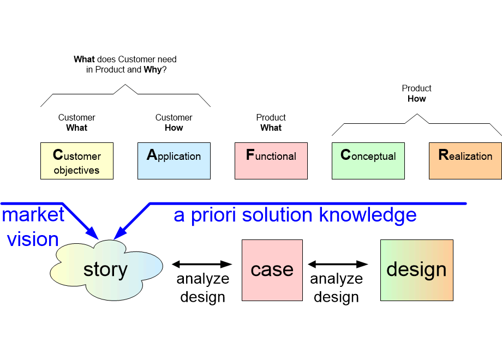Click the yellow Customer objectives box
coord(76,161)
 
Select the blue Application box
coord(174,161)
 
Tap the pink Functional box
coord(271,161)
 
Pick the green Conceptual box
coord(368,161)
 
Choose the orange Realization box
coord(465,161)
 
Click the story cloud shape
coord(106,271)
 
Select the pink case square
coord(272,270)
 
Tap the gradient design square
coord(416,270)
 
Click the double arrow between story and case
coord(202,265)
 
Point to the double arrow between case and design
coord(338,265)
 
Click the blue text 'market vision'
coord(33,226)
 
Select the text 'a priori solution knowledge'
coord(295,215)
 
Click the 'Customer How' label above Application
coord(174,123)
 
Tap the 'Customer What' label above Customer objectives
coord(76,123)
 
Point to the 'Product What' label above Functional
coord(271,123)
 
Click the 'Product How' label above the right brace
coord(416,93)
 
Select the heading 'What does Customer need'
coord(125,59)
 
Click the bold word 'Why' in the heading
coord(153,70)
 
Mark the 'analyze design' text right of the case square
coord(337,288)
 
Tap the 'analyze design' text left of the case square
coord(202,288)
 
